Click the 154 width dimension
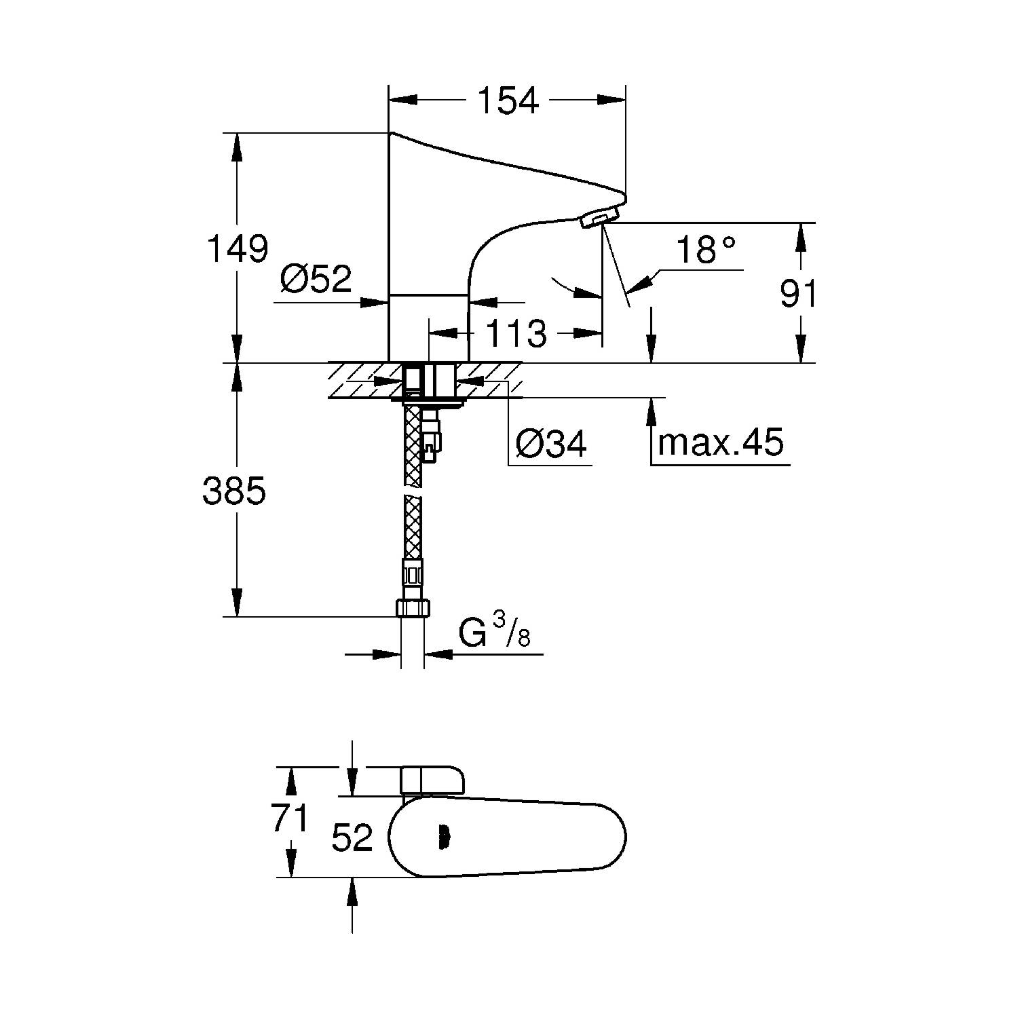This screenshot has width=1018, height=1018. (x=508, y=100)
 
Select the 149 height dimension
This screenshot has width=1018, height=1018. (x=237, y=249)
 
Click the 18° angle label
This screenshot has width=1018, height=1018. (x=706, y=250)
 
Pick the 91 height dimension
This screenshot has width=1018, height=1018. (x=798, y=294)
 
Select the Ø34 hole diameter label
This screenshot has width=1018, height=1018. (x=550, y=444)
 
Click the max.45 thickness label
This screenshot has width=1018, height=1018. (x=721, y=442)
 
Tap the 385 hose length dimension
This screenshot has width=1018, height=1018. (x=234, y=491)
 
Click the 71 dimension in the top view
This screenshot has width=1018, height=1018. (x=290, y=818)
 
